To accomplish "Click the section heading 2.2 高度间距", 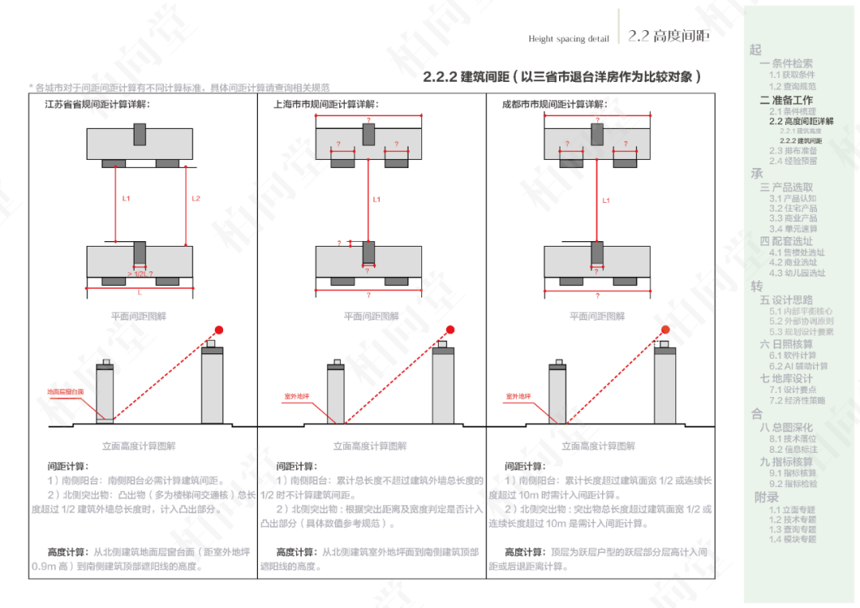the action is tap(668, 36).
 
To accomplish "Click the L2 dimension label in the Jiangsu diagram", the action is tap(197, 198).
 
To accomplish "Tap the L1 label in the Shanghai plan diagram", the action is tap(377, 200).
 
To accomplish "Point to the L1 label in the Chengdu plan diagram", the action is tap(606, 201).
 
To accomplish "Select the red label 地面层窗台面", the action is tap(65, 392).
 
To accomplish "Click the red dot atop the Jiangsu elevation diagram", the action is tap(219, 329).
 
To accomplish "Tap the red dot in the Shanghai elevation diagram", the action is tap(450, 329).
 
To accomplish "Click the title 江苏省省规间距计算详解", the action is tap(99, 104).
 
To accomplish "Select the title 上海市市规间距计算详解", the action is tap(326, 104).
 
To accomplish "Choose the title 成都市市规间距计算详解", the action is tap(554, 104).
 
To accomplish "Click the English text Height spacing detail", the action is tap(569, 39).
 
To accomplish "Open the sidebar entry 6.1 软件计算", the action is tap(792, 356).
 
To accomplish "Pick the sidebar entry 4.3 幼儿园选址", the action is tap(797, 273).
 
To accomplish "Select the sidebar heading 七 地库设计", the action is tap(786, 379).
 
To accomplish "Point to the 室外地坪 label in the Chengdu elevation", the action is tap(519, 395).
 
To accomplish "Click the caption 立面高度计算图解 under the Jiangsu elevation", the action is tap(139, 446).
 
